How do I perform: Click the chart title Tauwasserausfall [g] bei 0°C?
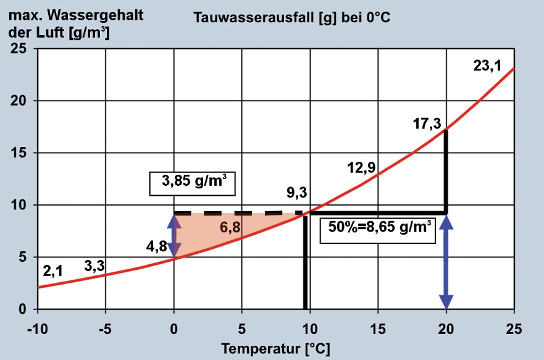[292, 17]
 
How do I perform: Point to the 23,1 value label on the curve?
[487, 66]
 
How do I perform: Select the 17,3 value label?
[427, 123]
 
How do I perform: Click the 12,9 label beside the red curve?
[360, 167]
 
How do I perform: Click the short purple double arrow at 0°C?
[175, 235]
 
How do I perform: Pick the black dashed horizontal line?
[238, 214]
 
